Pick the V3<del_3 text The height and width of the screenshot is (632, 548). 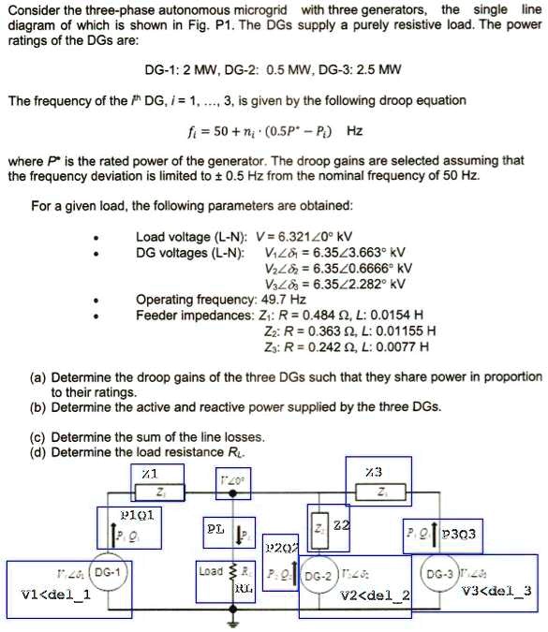(499, 592)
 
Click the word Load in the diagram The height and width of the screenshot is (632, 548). (212, 570)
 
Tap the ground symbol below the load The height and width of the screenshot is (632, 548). (236, 621)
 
